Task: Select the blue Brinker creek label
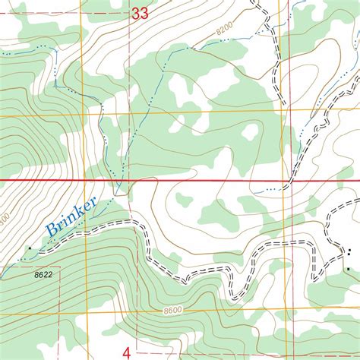(x=71, y=216)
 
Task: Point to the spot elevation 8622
(x=43, y=273)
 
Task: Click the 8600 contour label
(x=173, y=311)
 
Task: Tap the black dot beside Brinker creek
(x=30, y=248)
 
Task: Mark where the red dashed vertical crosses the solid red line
(x=129, y=181)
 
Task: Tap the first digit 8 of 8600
(x=165, y=311)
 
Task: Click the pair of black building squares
(x=349, y=252)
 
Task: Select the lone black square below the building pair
(x=348, y=270)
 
